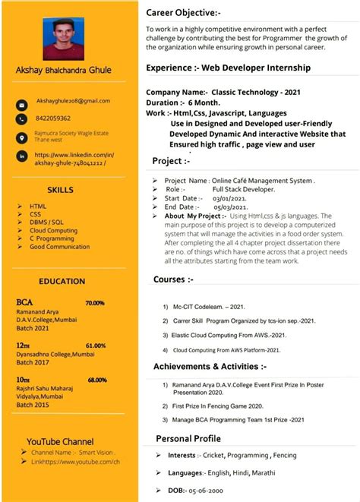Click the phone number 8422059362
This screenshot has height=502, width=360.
53,118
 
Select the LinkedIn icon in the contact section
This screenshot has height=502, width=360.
22,156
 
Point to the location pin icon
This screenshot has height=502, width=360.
22,137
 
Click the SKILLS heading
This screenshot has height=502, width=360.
60,190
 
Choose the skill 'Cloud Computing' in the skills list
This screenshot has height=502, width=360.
53,230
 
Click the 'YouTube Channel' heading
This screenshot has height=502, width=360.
60,441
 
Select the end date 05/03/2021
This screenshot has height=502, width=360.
230,207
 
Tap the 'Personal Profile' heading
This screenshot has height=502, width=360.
188,438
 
